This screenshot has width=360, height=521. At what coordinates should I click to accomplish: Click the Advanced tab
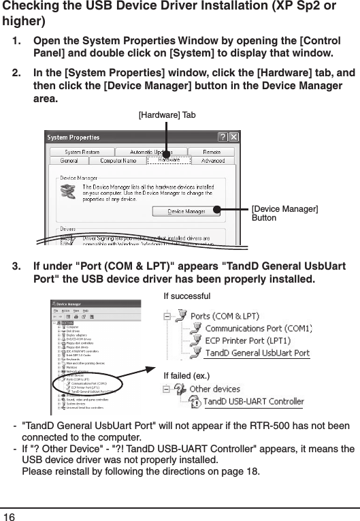(x=212, y=161)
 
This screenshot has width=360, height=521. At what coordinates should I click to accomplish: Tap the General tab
(x=69, y=161)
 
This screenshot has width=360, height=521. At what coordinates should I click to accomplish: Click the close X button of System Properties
(x=233, y=136)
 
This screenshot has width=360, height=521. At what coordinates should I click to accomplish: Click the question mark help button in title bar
(x=222, y=136)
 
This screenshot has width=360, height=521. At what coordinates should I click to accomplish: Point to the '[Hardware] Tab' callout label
(x=167, y=115)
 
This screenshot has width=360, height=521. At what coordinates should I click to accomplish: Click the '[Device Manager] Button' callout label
(x=285, y=212)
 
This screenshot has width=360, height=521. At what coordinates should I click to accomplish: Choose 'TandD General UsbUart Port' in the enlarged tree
(x=257, y=353)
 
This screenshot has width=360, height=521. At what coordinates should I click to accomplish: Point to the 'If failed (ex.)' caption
(x=188, y=375)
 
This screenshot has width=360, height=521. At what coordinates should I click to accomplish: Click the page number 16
(x=9, y=515)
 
